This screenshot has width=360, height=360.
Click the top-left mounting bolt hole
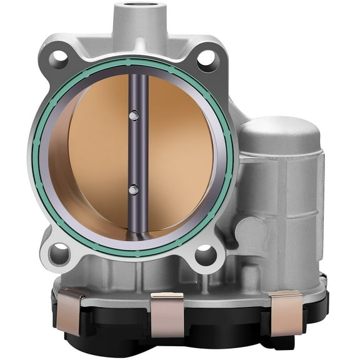(59, 57)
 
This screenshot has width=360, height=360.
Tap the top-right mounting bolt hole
(207, 59)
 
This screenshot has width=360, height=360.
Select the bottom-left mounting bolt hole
(59, 253)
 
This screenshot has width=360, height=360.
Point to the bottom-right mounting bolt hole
(205, 254)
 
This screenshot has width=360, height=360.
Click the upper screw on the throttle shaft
(132, 115)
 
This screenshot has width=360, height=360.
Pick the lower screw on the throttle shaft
(132, 188)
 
